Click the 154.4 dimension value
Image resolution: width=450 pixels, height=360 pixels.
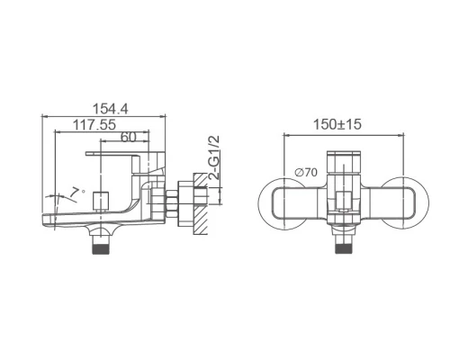pos(110,109)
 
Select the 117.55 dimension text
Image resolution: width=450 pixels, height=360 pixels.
pos(94,124)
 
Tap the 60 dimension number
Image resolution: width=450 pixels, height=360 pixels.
pos(129,137)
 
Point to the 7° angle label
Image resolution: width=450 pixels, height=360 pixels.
pos(76,192)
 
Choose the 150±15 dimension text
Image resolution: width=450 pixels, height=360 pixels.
pos(337,124)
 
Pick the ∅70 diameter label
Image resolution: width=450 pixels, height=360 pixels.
pos(306,173)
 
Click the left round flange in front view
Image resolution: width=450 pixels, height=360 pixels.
pos(283,203)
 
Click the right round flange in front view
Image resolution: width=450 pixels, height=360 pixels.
pos(404,203)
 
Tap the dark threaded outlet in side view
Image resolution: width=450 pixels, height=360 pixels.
pos(102,248)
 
